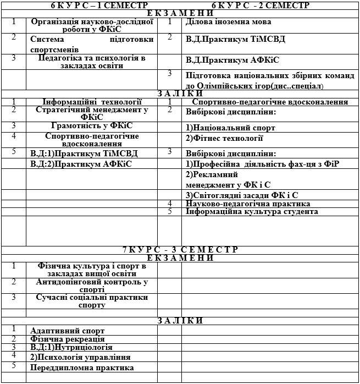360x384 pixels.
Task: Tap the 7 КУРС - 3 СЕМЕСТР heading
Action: [180, 250]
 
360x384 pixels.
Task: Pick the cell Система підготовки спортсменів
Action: [92, 43]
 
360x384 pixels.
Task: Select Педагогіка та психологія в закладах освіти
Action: [92, 62]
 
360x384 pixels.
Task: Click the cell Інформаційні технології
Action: [92, 102]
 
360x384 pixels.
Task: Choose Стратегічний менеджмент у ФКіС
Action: [92, 113]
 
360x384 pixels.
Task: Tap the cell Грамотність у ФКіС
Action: [92, 126]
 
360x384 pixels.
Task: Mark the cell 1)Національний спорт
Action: [230, 128]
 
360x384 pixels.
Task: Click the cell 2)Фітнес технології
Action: [224, 138]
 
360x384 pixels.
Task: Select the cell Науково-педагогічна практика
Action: [248, 204]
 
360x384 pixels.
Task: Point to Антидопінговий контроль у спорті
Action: [92, 286]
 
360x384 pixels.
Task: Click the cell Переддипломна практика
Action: [82, 367]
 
